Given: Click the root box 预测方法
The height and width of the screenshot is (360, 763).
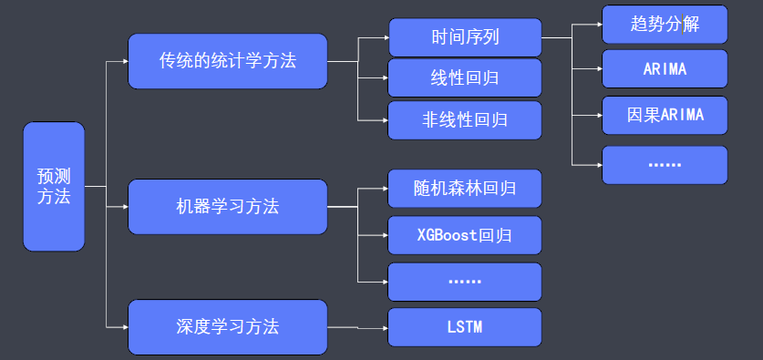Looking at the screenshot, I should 54,186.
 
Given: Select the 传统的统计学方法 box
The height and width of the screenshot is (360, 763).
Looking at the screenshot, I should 228,61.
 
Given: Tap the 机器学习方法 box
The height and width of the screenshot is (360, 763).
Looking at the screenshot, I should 228,206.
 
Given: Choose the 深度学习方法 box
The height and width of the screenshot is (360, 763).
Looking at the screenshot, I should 228,326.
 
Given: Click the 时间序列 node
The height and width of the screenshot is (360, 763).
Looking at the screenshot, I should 465,37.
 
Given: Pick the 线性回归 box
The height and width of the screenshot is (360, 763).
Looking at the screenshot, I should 465,78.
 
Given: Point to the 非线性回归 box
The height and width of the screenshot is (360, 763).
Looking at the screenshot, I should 465,119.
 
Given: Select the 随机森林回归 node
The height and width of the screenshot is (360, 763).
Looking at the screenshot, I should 465,189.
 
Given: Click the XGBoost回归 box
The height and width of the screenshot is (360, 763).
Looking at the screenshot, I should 465,235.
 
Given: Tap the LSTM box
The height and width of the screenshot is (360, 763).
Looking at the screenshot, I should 465,326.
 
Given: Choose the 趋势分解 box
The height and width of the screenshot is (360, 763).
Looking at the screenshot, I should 665,24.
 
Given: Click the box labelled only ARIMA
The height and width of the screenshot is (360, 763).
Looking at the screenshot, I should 665,69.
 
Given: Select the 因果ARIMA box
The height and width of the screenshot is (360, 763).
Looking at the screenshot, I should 665,116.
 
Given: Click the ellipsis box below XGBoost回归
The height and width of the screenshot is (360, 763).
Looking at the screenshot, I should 465,282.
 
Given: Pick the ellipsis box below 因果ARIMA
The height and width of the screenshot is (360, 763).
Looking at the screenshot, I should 665,165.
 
